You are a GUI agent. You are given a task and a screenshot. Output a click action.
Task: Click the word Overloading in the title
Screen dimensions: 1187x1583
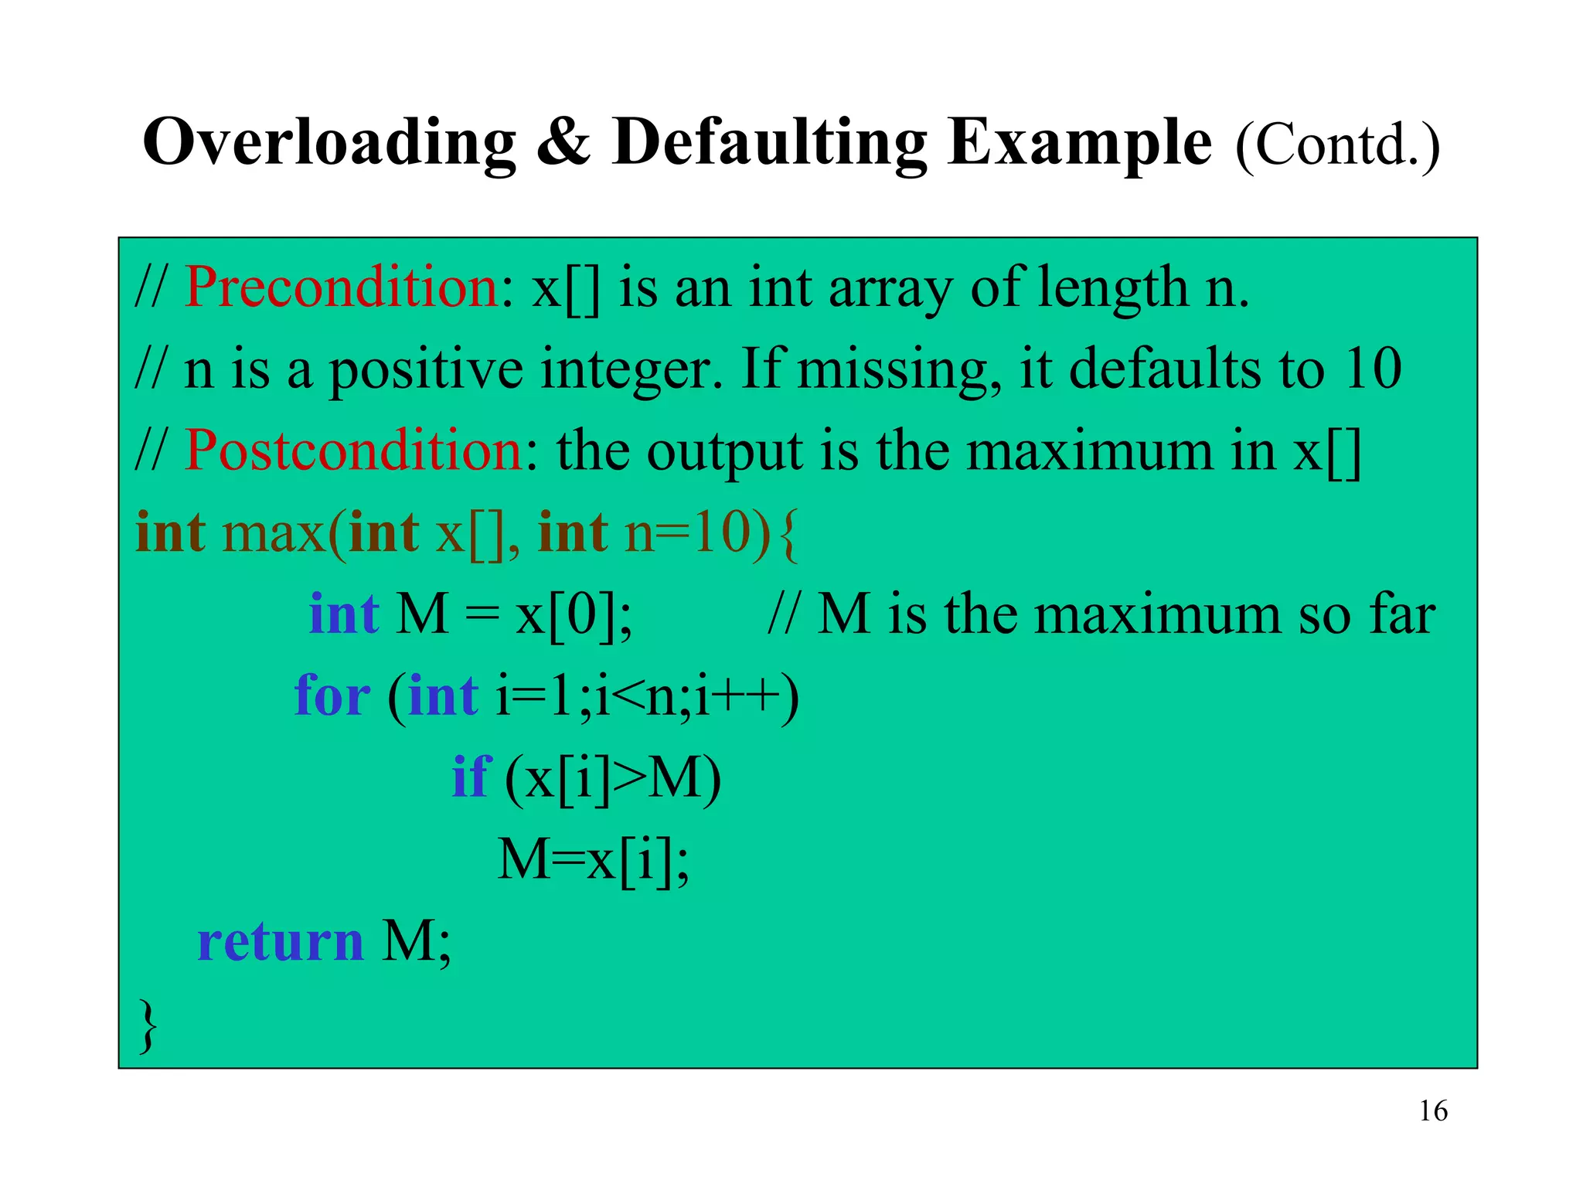(329, 143)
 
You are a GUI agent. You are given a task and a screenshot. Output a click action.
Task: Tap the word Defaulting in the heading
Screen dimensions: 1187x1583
(768, 143)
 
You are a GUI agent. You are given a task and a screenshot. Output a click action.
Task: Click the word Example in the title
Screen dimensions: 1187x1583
(1079, 143)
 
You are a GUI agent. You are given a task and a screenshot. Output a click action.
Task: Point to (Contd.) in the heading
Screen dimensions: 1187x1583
(1337, 145)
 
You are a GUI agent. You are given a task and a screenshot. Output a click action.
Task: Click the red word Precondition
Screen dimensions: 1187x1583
(342, 288)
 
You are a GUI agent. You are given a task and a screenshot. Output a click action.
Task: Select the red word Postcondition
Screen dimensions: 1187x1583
(354, 451)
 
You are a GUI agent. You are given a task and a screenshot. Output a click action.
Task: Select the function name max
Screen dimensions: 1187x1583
(274, 533)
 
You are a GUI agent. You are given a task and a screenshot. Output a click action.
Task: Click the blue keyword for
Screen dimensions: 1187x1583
(332, 696)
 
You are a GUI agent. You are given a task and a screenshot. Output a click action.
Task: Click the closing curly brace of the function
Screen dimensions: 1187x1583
(147, 1025)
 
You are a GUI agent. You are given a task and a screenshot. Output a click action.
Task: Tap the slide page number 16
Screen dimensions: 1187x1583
(1433, 1111)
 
